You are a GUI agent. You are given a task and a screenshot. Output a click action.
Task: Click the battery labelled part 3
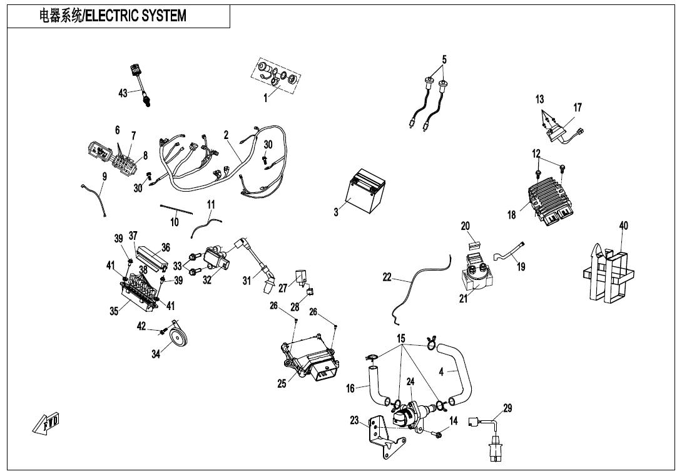click(x=366, y=195)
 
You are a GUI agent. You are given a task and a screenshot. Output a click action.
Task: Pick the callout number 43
click(x=123, y=93)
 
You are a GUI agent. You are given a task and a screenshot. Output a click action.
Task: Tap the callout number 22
click(x=387, y=277)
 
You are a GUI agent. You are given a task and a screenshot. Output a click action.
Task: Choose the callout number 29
click(x=507, y=408)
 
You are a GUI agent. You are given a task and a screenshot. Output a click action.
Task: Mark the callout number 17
click(x=578, y=108)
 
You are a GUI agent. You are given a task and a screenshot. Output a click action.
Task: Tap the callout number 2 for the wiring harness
click(x=226, y=135)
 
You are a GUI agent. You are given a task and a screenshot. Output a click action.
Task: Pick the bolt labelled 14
click(x=437, y=433)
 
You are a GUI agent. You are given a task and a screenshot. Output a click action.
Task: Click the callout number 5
click(x=444, y=60)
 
